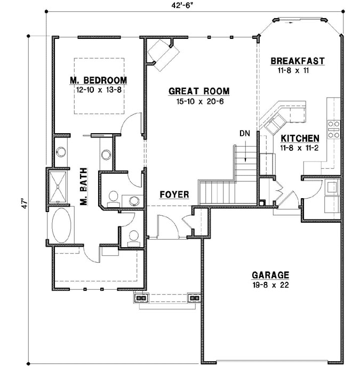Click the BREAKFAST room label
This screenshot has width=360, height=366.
point(297,61)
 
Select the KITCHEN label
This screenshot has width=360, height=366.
point(300,137)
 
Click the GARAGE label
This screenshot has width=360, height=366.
point(270,275)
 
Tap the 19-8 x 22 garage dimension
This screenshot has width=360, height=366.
point(270,284)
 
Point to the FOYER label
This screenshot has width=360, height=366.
point(174,195)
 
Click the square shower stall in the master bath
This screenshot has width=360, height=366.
point(60,186)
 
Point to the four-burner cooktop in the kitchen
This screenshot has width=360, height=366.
point(334,129)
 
